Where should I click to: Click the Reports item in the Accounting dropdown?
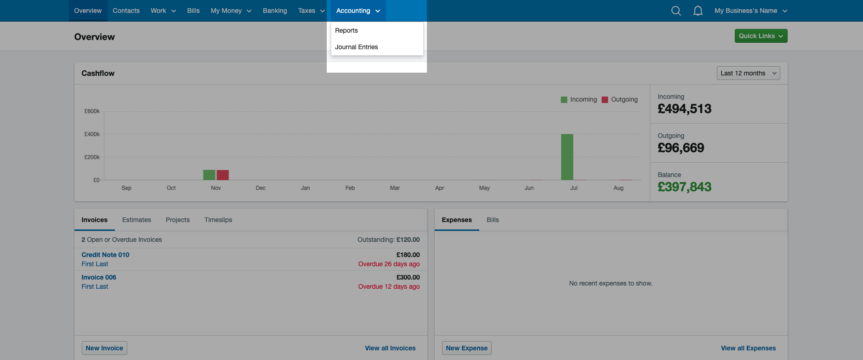pyautogui.click(x=346, y=30)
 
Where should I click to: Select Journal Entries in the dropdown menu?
pyautogui.click(x=356, y=47)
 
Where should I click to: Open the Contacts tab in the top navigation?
pyautogui.click(x=126, y=11)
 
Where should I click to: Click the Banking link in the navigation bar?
pyautogui.click(x=275, y=11)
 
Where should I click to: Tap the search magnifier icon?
pyautogui.click(x=676, y=11)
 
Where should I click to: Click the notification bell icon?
pyautogui.click(x=698, y=11)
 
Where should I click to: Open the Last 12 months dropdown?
pyautogui.click(x=748, y=73)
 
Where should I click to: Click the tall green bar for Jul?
pyautogui.click(x=567, y=157)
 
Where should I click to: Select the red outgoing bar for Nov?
pyautogui.click(x=223, y=175)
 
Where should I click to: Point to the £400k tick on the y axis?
pyautogui.click(x=92, y=134)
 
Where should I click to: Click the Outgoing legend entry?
pyautogui.click(x=620, y=99)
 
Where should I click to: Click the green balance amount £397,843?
pyautogui.click(x=684, y=187)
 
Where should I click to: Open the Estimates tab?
pyautogui.click(x=136, y=220)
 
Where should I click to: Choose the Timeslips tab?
pyautogui.click(x=218, y=220)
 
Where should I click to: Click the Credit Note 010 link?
pyautogui.click(x=105, y=255)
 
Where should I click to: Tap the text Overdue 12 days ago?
pyautogui.click(x=389, y=286)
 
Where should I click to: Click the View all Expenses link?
pyautogui.click(x=748, y=348)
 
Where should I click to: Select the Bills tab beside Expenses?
pyautogui.click(x=493, y=220)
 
